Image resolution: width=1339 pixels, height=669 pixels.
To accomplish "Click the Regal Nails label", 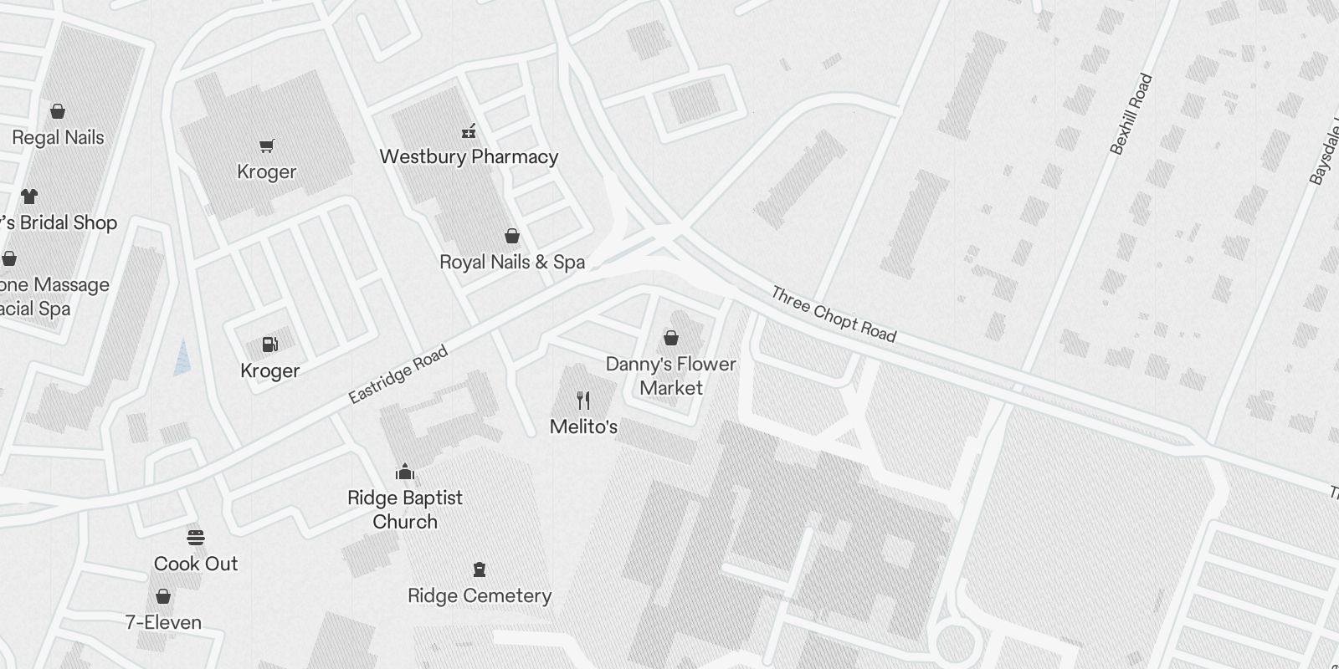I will [x=58, y=138].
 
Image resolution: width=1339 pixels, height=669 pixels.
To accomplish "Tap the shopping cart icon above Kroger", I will [x=267, y=146].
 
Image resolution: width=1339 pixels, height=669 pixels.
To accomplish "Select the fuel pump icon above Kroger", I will [x=269, y=345].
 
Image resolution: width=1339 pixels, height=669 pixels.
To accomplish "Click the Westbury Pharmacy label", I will [x=469, y=156].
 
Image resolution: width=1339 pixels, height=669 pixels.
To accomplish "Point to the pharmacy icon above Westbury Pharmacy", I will [x=469, y=130].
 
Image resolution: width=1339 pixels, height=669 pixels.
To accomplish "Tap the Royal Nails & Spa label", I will [x=512, y=262].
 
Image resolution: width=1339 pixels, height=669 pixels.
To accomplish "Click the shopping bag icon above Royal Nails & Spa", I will [x=512, y=237].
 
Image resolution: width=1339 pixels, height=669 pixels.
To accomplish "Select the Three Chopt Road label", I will [x=834, y=314].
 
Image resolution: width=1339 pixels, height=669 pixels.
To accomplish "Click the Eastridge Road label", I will [x=398, y=375].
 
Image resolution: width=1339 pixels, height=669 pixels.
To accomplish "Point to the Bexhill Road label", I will [x=1131, y=115].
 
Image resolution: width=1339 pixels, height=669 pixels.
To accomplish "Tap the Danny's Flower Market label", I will [x=671, y=375].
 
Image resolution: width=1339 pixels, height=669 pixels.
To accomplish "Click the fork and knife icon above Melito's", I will [x=583, y=401].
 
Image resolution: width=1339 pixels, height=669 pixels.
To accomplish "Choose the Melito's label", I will [x=583, y=426].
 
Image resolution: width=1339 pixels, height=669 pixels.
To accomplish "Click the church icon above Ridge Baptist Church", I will [x=405, y=472].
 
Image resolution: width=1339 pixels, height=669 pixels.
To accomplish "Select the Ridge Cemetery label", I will [x=480, y=595].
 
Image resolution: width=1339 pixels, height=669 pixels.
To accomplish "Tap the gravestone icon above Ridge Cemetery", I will [x=480, y=570].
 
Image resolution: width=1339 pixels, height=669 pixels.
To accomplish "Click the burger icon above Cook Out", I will [x=196, y=538].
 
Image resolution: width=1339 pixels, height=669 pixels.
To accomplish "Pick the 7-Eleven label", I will [x=163, y=622].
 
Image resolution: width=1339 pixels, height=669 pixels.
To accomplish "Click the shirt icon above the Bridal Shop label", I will [x=29, y=197].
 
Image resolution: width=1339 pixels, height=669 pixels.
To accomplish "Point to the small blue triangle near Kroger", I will [x=182, y=357].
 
